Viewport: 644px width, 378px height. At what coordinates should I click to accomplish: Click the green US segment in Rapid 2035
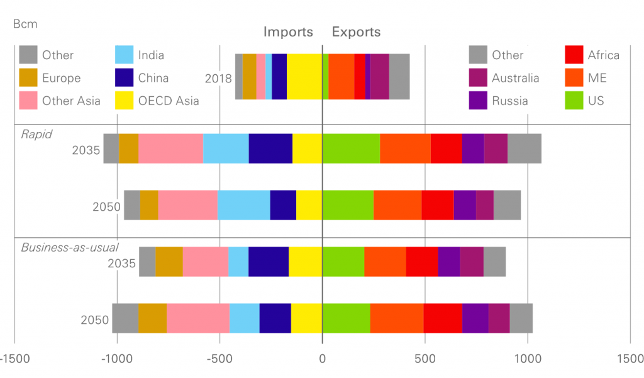[351, 148]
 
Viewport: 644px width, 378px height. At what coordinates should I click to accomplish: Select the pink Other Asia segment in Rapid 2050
[187, 205]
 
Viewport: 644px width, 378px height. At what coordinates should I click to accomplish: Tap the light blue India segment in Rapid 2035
[226, 148]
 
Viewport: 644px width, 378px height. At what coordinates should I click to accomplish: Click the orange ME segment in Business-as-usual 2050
[397, 318]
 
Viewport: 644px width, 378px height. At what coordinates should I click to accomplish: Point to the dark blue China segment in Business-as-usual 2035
[269, 262]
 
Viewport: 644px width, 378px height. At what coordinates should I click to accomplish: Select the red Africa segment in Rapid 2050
[438, 205]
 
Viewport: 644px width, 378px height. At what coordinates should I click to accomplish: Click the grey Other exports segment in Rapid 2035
[525, 148]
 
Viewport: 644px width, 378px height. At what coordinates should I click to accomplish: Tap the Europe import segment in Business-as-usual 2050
[152, 318]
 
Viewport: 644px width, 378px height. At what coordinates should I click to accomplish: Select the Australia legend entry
[515, 78]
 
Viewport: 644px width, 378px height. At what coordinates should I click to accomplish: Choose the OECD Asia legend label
[168, 101]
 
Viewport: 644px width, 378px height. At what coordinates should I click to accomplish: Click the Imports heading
[288, 32]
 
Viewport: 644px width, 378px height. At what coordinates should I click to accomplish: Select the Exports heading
[356, 32]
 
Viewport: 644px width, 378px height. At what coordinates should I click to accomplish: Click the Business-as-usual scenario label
[70, 247]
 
